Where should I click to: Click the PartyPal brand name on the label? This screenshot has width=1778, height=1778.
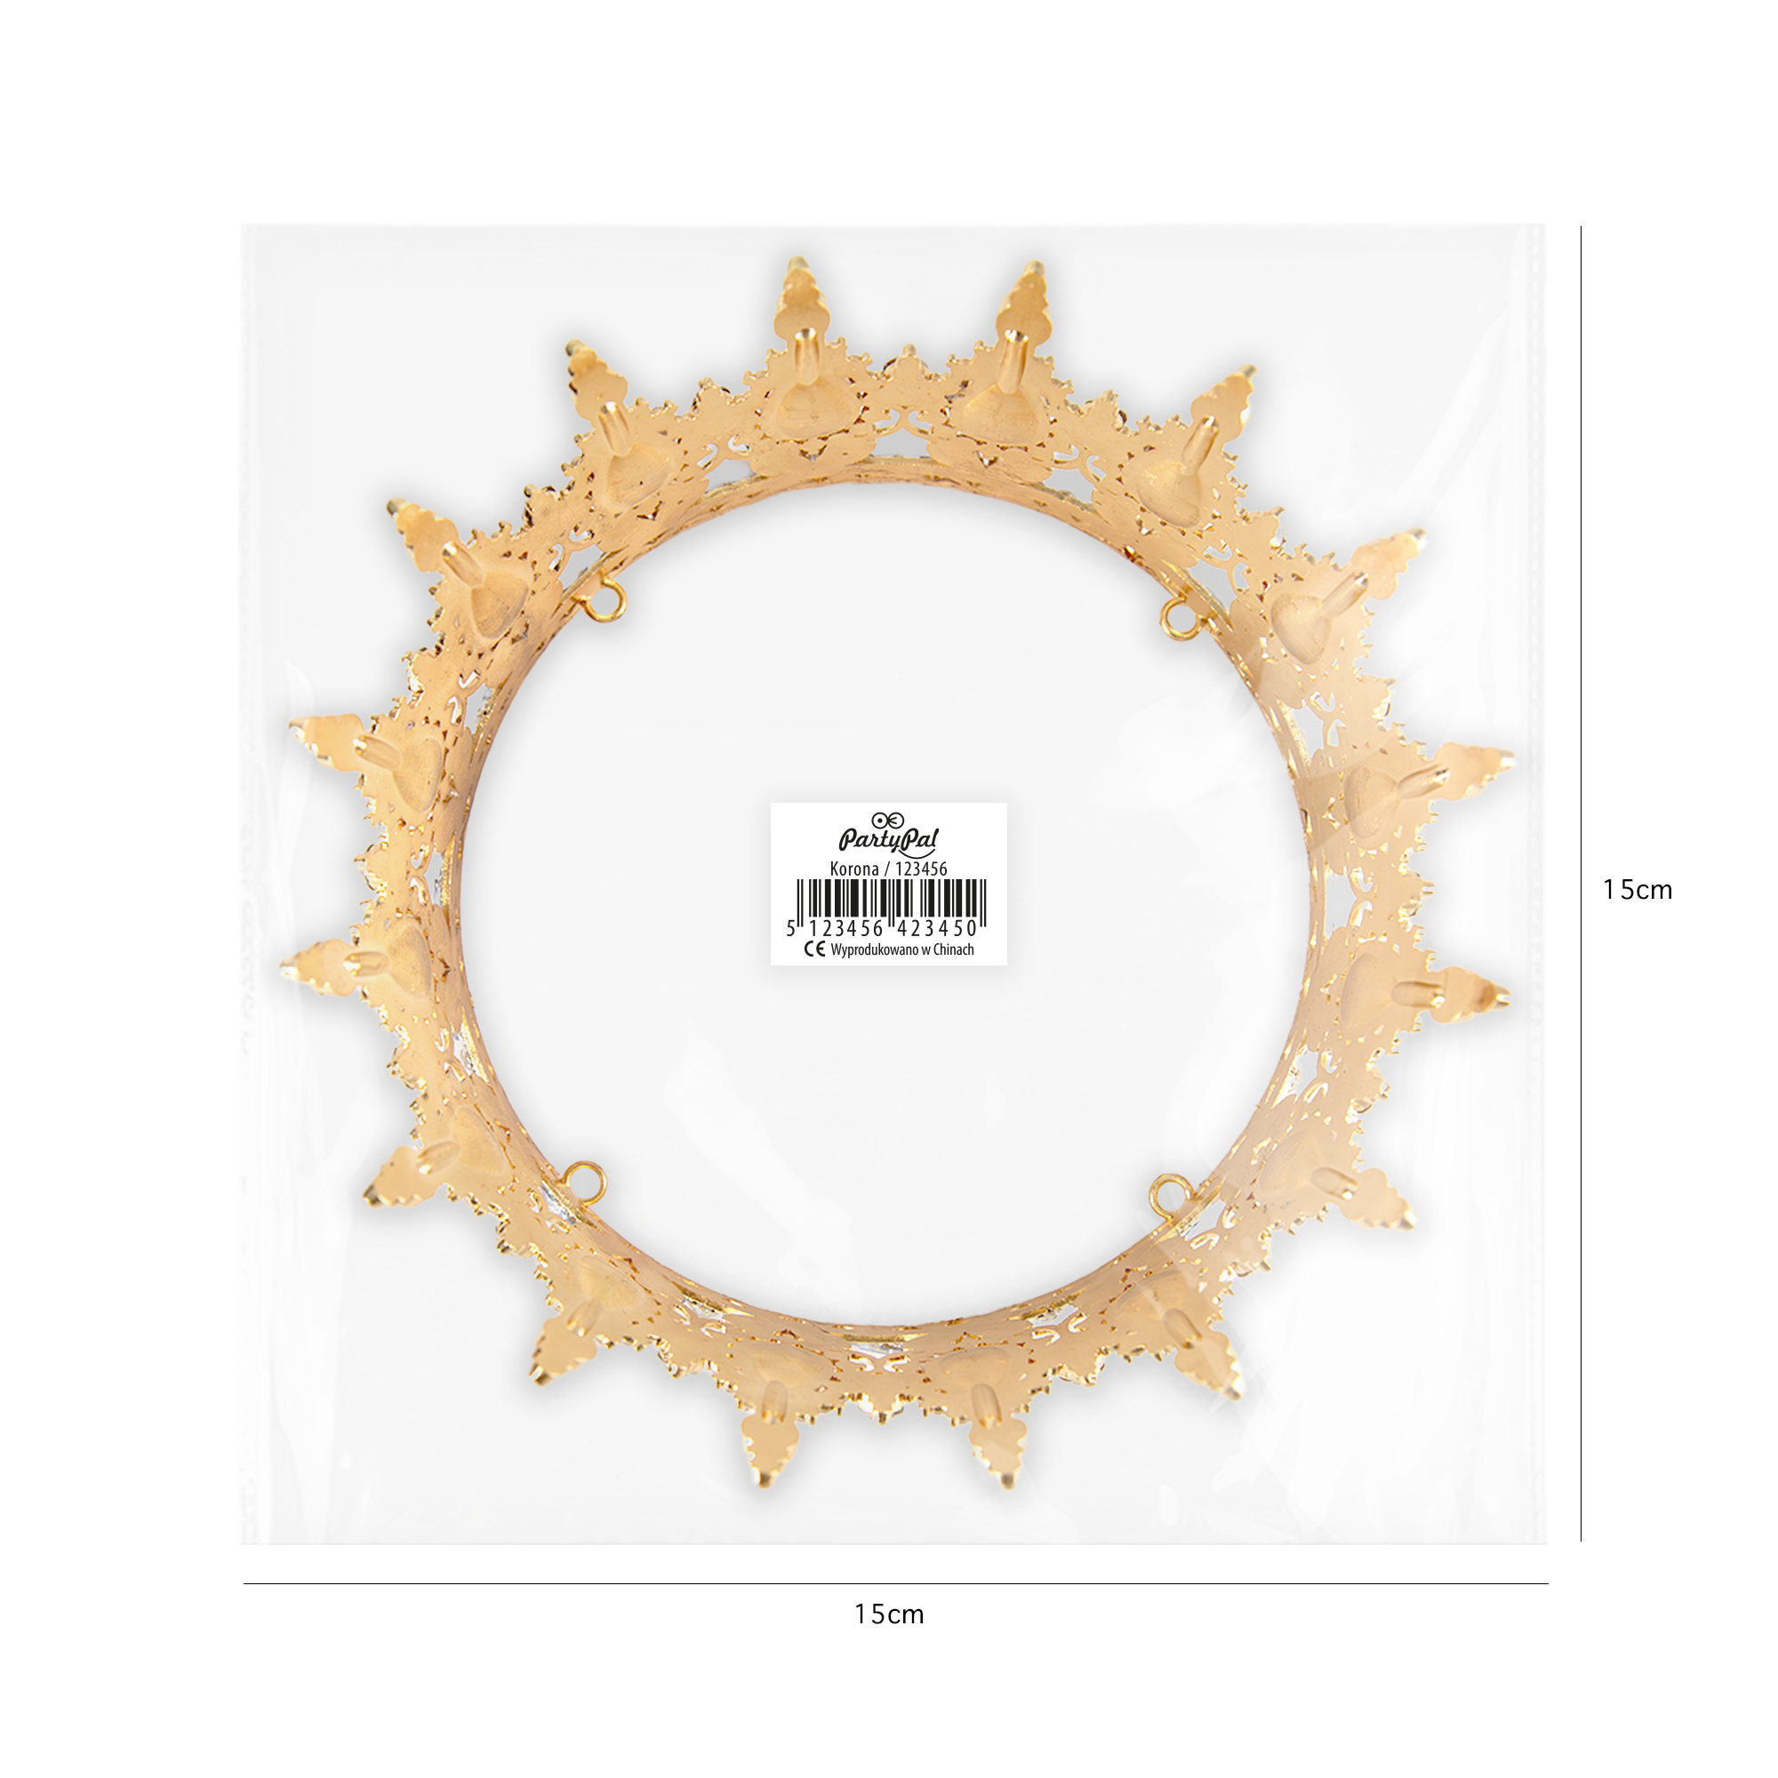click(x=888, y=839)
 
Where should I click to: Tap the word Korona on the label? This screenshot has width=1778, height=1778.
click(x=854, y=868)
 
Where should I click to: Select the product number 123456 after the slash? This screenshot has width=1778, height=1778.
click(x=921, y=868)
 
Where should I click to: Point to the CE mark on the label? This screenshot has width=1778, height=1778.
click(x=814, y=949)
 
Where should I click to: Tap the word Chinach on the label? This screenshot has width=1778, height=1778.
click(x=953, y=949)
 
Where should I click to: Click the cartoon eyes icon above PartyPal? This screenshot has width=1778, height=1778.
click(x=888, y=819)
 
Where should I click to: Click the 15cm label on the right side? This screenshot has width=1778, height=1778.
click(x=1638, y=889)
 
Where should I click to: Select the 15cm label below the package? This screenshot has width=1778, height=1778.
click(x=889, y=1614)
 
